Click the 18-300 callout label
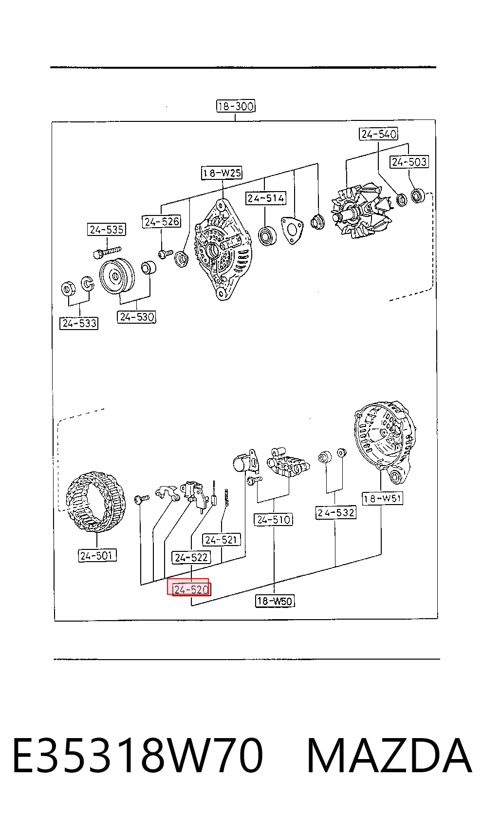pos(236,106)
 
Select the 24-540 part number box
pos(378,134)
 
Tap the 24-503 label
pos(409,161)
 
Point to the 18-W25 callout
pos(222,173)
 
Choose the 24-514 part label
pos(265,198)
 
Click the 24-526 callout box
pos(161,221)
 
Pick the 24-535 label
pos(107,230)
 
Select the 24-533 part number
pos(79,323)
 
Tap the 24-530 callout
pos(137,317)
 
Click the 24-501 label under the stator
pos(97,556)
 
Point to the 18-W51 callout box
pos(382,498)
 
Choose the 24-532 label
pos(335,512)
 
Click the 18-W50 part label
pos(275,601)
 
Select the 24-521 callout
pos(221,539)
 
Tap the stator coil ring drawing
pos(96,502)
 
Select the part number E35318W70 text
pos(138,756)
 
